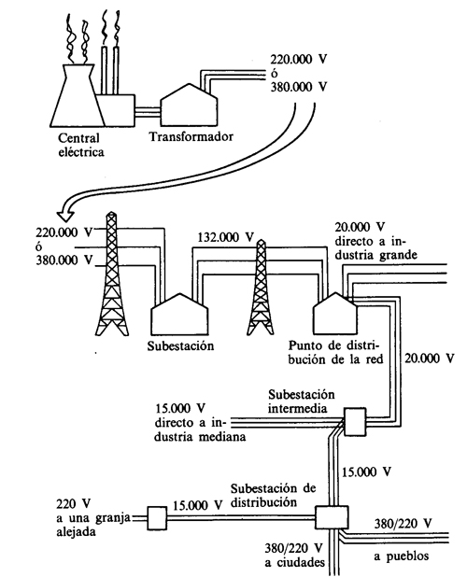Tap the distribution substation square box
coord(330,517)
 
